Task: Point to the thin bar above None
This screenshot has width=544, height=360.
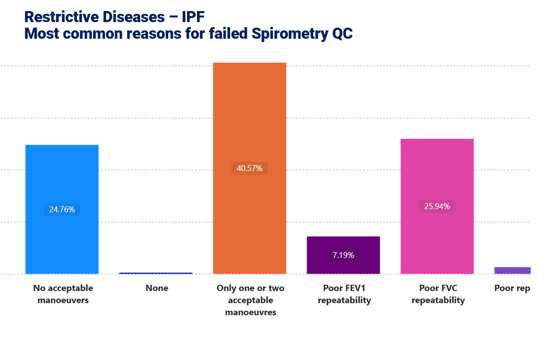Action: (x=156, y=273)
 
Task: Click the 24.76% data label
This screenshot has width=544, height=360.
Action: (x=62, y=210)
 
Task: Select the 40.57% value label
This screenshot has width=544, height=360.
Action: (x=249, y=168)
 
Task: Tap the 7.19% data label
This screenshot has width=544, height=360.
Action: (x=343, y=255)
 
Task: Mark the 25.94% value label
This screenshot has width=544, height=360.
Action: (x=437, y=206)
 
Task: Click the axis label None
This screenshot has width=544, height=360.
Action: (x=157, y=288)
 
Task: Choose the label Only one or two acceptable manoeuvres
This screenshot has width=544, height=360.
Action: (x=250, y=300)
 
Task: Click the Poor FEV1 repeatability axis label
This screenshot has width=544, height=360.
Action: (x=344, y=294)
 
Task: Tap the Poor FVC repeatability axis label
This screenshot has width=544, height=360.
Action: (x=438, y=294)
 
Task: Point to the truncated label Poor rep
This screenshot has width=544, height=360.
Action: (x=512, y=288)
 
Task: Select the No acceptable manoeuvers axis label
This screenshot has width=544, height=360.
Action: (x=63, y=294)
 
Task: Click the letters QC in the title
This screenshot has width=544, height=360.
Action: (x=341, y=34)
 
